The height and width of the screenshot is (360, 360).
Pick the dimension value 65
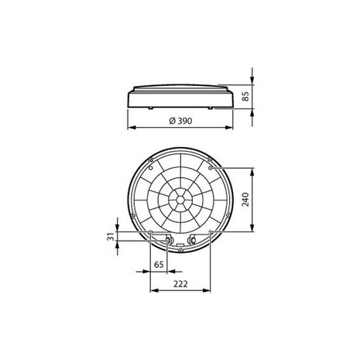pos(158,265)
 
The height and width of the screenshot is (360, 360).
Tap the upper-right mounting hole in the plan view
pos(211,167)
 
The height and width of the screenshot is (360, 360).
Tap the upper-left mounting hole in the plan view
pos(149,167)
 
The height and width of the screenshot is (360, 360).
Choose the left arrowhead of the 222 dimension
pos(151,291)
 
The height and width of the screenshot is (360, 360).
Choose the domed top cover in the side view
pos(180,86)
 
